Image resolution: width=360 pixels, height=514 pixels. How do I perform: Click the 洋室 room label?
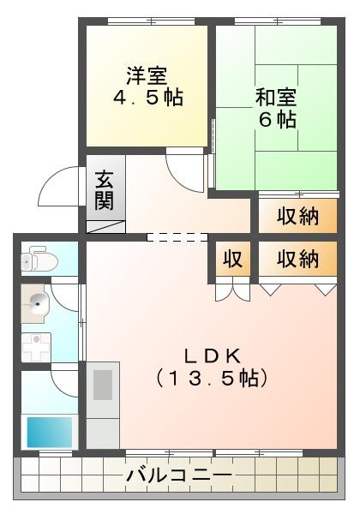point(147,75)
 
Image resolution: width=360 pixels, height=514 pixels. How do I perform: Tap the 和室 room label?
point(276,98)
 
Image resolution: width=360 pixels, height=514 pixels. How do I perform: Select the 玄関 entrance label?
point(105,190)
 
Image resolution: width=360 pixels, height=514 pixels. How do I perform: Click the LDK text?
point(213,356)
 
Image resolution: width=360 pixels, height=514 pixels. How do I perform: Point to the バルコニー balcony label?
point(179,475)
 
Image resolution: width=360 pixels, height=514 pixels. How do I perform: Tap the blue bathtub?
point(50,433)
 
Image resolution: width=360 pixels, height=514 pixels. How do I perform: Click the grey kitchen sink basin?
point(103,385)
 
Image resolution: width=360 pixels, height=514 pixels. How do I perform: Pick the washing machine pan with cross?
point(36,348)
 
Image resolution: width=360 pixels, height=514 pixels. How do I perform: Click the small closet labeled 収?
point(233,259)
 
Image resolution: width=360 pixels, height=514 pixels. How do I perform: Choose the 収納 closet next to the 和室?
point(297,216)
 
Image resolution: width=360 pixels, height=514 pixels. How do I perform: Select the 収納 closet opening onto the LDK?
point(297,259)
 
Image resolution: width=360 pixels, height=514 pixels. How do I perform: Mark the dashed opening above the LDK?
point(177,237)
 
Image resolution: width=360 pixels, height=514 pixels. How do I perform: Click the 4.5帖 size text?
point(148,97)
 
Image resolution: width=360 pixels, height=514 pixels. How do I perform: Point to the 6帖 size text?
point(278,119)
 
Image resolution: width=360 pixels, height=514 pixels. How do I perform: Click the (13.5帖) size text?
point(212,379)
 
